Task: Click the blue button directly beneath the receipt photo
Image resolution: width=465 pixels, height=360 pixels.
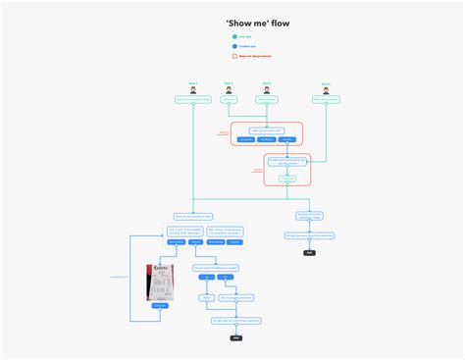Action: click(x=159, y=306)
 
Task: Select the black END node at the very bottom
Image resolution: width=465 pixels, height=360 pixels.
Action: click(x=235, y=337)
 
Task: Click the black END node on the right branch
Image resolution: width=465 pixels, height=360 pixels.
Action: click(x=310, y=252)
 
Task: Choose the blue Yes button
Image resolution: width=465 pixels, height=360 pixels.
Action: click(x=207, y=278)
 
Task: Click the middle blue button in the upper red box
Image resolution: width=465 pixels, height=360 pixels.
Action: click(x=267, y=139)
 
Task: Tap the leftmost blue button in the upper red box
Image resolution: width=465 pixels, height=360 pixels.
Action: click(x=245, y=139)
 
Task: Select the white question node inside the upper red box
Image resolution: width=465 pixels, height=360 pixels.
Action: click(x=267, y=129)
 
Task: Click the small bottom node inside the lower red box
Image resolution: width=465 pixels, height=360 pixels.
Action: click(x=286, y=179)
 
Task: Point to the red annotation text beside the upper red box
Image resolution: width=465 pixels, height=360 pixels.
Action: click(x=223, y=132)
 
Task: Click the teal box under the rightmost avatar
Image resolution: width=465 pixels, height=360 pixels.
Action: click(x=326, y=100)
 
